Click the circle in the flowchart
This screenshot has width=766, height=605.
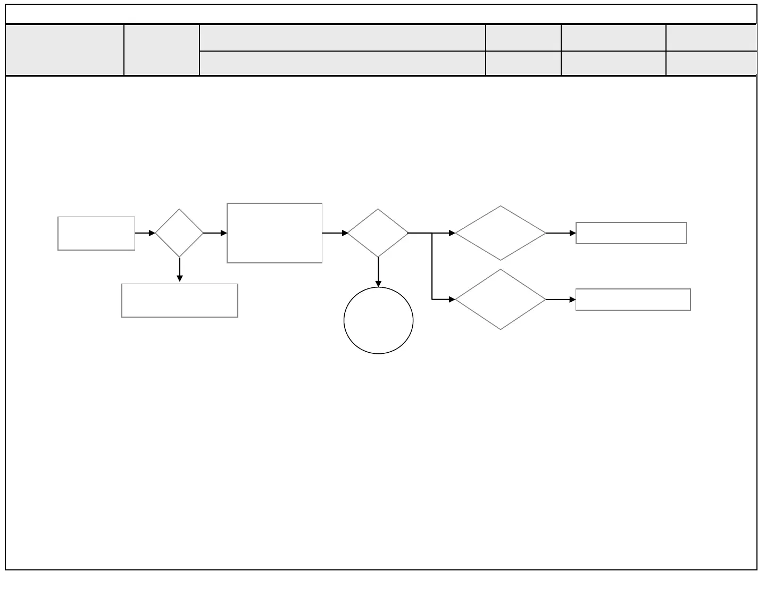point(378,320)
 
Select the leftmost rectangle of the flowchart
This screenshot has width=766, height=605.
point(96,233)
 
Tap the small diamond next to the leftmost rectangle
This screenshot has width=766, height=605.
point(179,233)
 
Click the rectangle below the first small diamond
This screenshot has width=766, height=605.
point(180,301)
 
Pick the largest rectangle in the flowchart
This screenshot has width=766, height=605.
point(274,233)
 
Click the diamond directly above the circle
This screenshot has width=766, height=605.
point(378,233)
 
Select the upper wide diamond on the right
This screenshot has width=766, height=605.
point(501,233)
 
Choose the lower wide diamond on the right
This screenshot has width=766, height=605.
point(501,300)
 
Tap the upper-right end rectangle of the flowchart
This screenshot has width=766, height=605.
point(631,233)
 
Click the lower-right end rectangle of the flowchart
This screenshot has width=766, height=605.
point(633,300)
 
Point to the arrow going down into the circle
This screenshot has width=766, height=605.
point(378,272)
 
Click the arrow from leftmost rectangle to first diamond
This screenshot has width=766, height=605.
point(145,233)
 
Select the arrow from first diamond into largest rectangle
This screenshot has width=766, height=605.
point(215,233)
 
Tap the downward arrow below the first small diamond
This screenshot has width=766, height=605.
point(180,269)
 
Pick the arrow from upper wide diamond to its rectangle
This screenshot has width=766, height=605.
point(561,233)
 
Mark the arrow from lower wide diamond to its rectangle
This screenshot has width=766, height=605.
point(561,300)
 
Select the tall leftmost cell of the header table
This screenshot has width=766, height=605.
point(64,49)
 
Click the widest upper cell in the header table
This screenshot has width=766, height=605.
point(342,38)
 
